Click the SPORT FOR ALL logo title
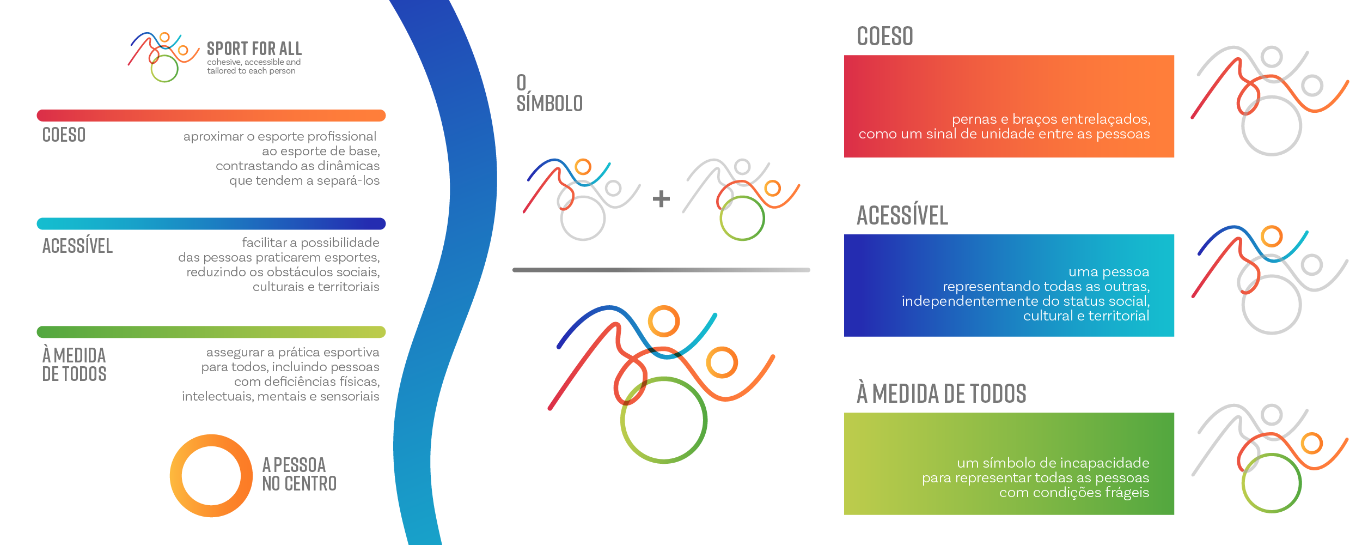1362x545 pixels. click(254, 49)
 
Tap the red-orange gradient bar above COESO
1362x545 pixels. click(211, 116)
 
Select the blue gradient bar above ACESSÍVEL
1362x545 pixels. click(211, 223)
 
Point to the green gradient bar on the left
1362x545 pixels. click(211, 332)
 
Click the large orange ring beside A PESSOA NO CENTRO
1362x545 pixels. click(175, 476)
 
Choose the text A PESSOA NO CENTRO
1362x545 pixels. click(299, 474)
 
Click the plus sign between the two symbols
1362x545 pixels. click(661, 198)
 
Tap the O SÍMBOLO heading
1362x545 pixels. click(549, 93)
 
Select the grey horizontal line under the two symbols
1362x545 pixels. click(661, 270)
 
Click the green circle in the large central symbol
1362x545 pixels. click(622, 420)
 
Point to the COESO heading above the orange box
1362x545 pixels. click(885, 37)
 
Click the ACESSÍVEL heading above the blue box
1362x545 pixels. click(902, 215)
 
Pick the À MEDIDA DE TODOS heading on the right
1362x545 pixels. click(942, 393)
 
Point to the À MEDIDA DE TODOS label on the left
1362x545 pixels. click(74, 365)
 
